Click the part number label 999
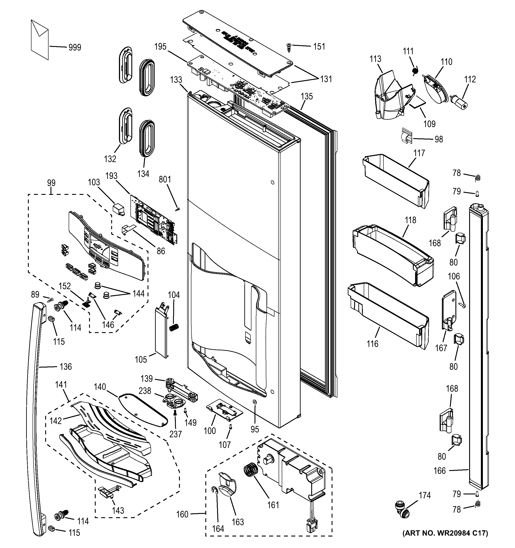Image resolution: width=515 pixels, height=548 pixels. [x=75, y=47]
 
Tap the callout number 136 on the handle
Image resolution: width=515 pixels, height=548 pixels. [x=66, y=367]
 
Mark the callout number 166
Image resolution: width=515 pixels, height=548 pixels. [x=439, y=471]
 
